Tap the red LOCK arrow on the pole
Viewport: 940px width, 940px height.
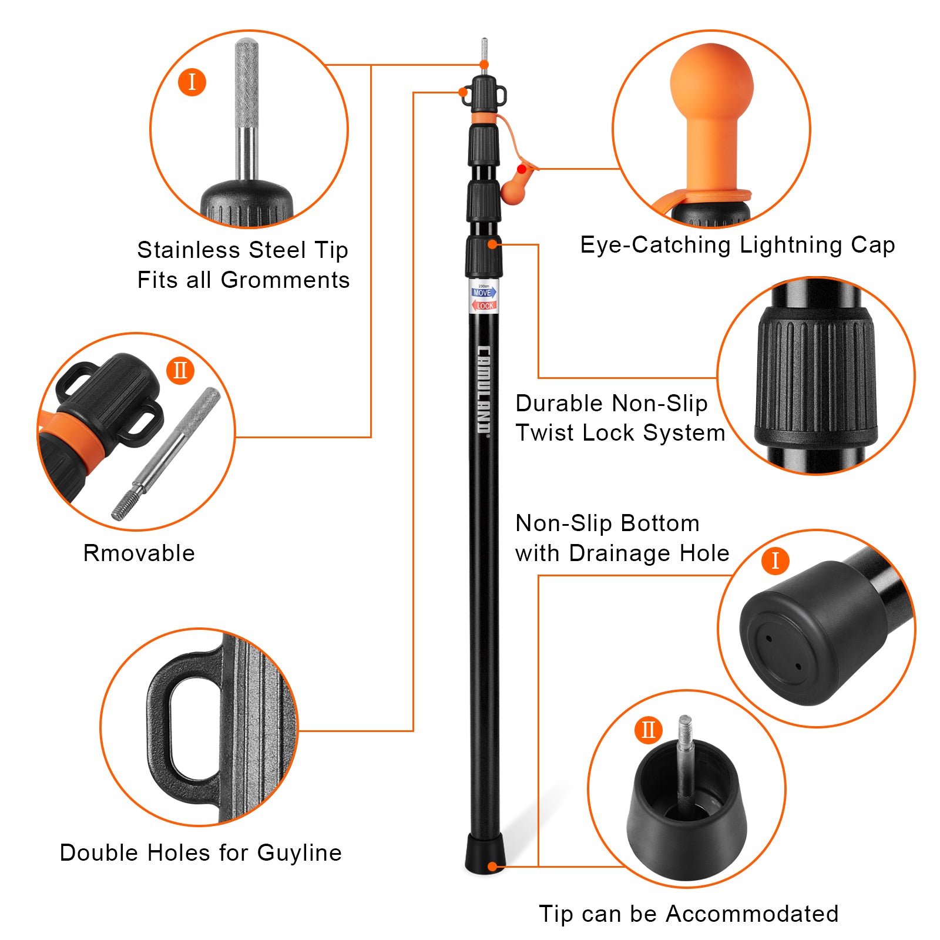(484, 305)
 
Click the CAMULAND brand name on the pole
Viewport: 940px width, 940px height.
(484, 390)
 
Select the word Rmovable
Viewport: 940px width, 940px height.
(139, 553)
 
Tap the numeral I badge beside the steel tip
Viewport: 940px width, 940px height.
(192, 82)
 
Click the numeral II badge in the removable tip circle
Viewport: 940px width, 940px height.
(180, 370)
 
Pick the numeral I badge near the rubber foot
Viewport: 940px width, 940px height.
(775, 560)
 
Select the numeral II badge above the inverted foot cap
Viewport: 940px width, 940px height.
(649, 730)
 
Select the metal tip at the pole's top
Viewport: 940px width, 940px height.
(484, 54)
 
